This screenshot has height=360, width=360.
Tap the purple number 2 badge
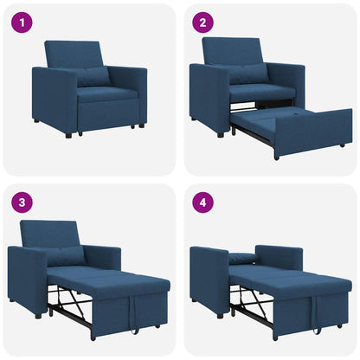(203, 22)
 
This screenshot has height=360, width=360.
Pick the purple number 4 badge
(203, 203)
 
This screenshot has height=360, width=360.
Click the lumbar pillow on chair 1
(93, 77)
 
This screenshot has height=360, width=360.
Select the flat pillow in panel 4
(243, 259)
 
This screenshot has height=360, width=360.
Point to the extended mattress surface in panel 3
(104, 279)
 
